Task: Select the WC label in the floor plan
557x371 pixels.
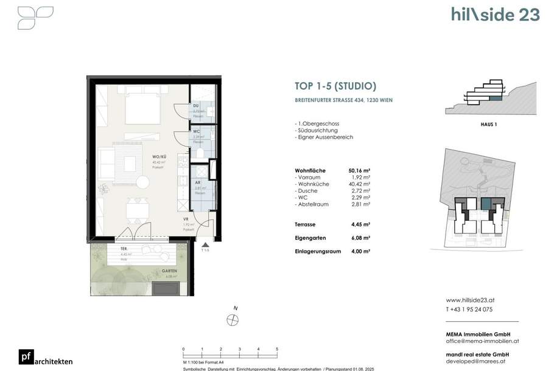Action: tap(196, 131)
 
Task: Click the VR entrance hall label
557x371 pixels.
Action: tap(187, 220)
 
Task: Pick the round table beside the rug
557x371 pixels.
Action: tap(142, 182)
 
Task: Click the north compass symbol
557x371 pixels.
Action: tap(231, 320)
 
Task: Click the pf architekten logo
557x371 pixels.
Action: tap(46, 359)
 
